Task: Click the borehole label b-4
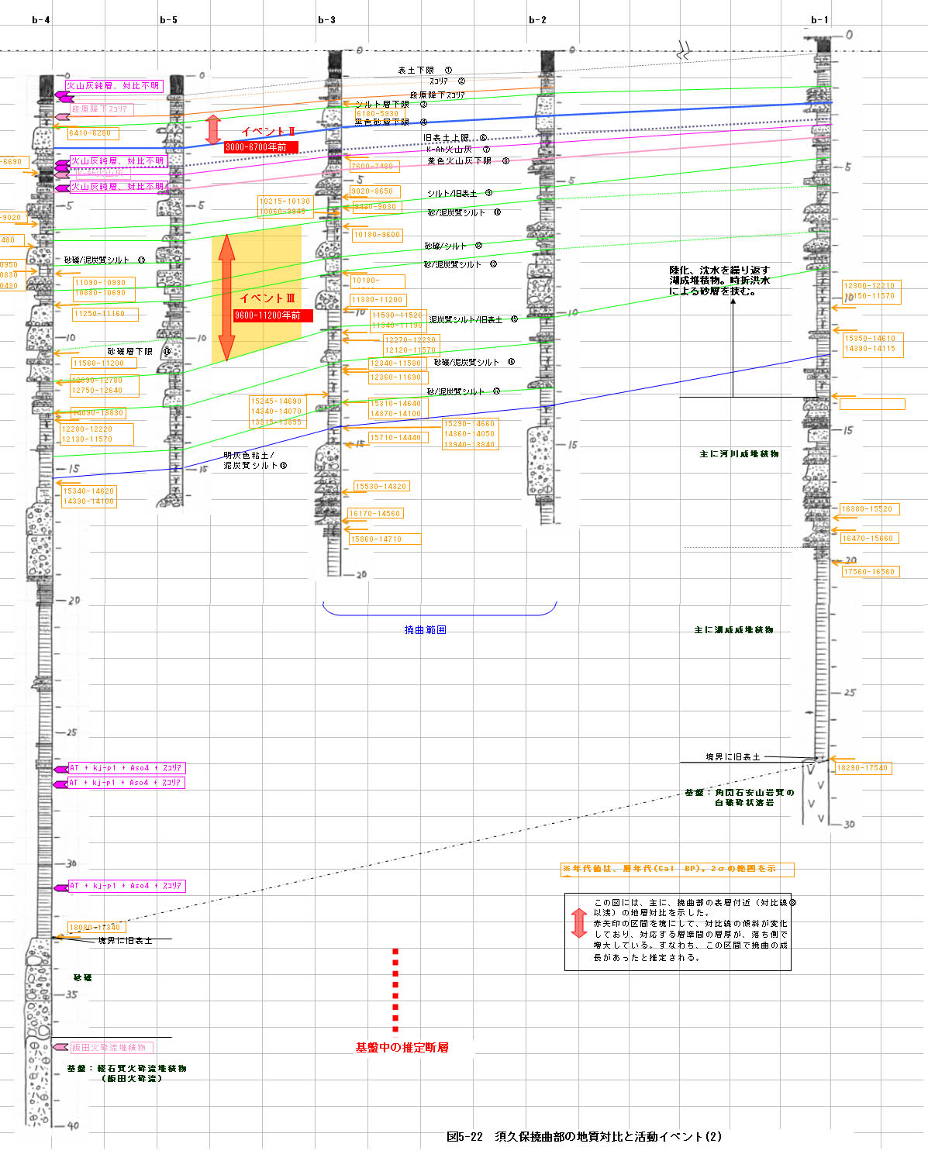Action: click(x=41, y=20)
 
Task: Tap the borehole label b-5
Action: click(x=168, y=20)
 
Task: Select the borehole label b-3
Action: click(x=326, y=20)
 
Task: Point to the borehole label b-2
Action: click(x=537, y=20)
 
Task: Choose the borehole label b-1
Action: click(x=819, y=20)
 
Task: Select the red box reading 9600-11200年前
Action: click(x=272, y=315)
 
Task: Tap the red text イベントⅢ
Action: click(x=267, y=298)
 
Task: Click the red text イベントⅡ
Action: click(x=268, y=132)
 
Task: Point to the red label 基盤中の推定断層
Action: click(x=402, y=1048)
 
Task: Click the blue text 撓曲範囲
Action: click(x=425, y=630)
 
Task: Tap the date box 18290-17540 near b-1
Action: click(x=862, y=768)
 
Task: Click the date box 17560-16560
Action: click(x=869, y=572)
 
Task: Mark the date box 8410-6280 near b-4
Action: click(x=91, y=133)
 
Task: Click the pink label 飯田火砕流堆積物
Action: click(x=109, y=1048)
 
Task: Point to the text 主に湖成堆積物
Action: click(x=733, y=630)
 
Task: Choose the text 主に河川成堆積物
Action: click(x=739, y=454)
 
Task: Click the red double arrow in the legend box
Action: click(x=578, y=923)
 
